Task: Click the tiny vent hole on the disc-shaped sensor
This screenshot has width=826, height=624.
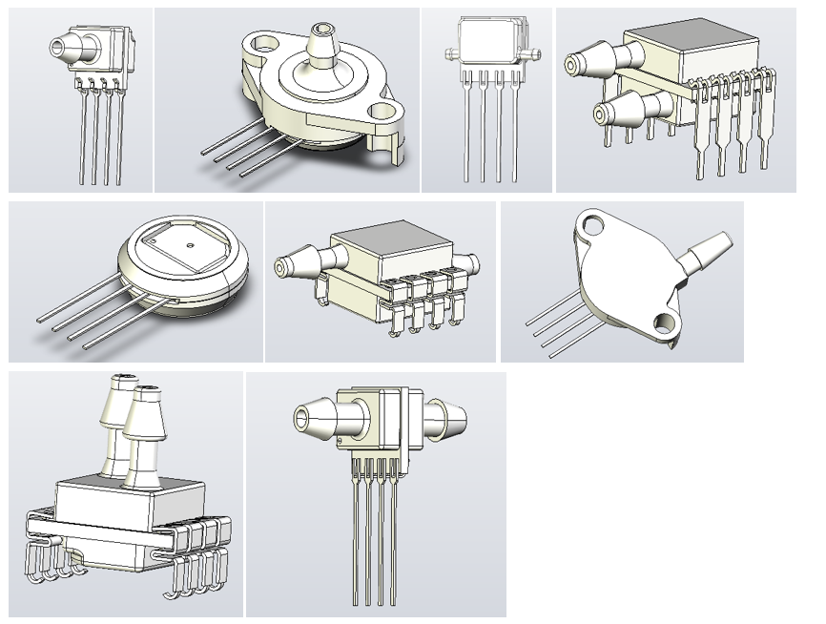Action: (x=191, y=244)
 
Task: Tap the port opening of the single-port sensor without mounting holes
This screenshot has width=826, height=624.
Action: (x=57, y=44)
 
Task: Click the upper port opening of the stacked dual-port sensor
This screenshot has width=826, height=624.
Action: (x=573, y=65)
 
